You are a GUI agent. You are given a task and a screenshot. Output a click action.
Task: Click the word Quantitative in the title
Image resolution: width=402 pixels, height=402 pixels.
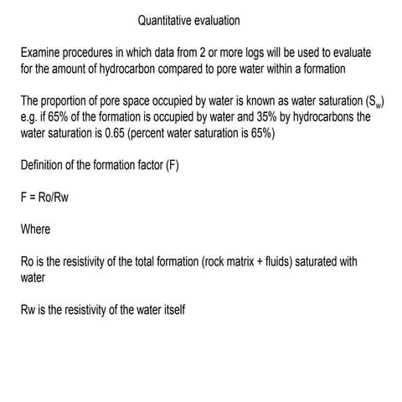coord(167,19)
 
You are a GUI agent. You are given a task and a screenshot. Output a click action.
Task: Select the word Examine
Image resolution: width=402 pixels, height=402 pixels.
coord(44,53)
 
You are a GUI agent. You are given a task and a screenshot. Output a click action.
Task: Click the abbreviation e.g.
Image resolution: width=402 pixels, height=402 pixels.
coord(31,116)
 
